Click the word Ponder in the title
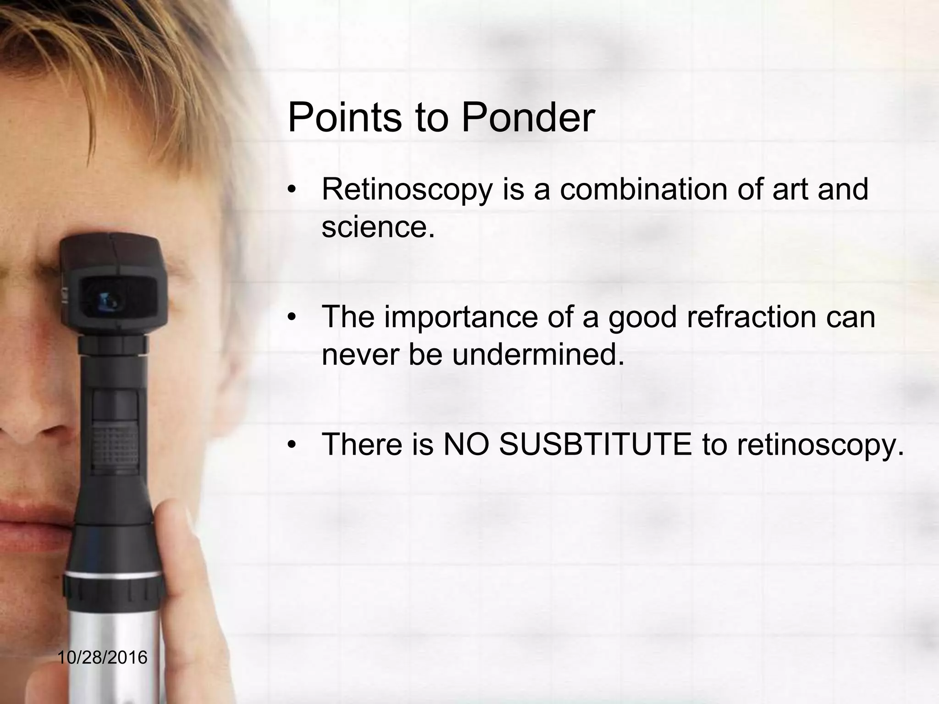(x=528, y=118)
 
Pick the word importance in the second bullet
(x=461, y=317)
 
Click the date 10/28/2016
(x=103, y=658)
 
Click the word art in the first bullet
(x=790, y=189)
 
